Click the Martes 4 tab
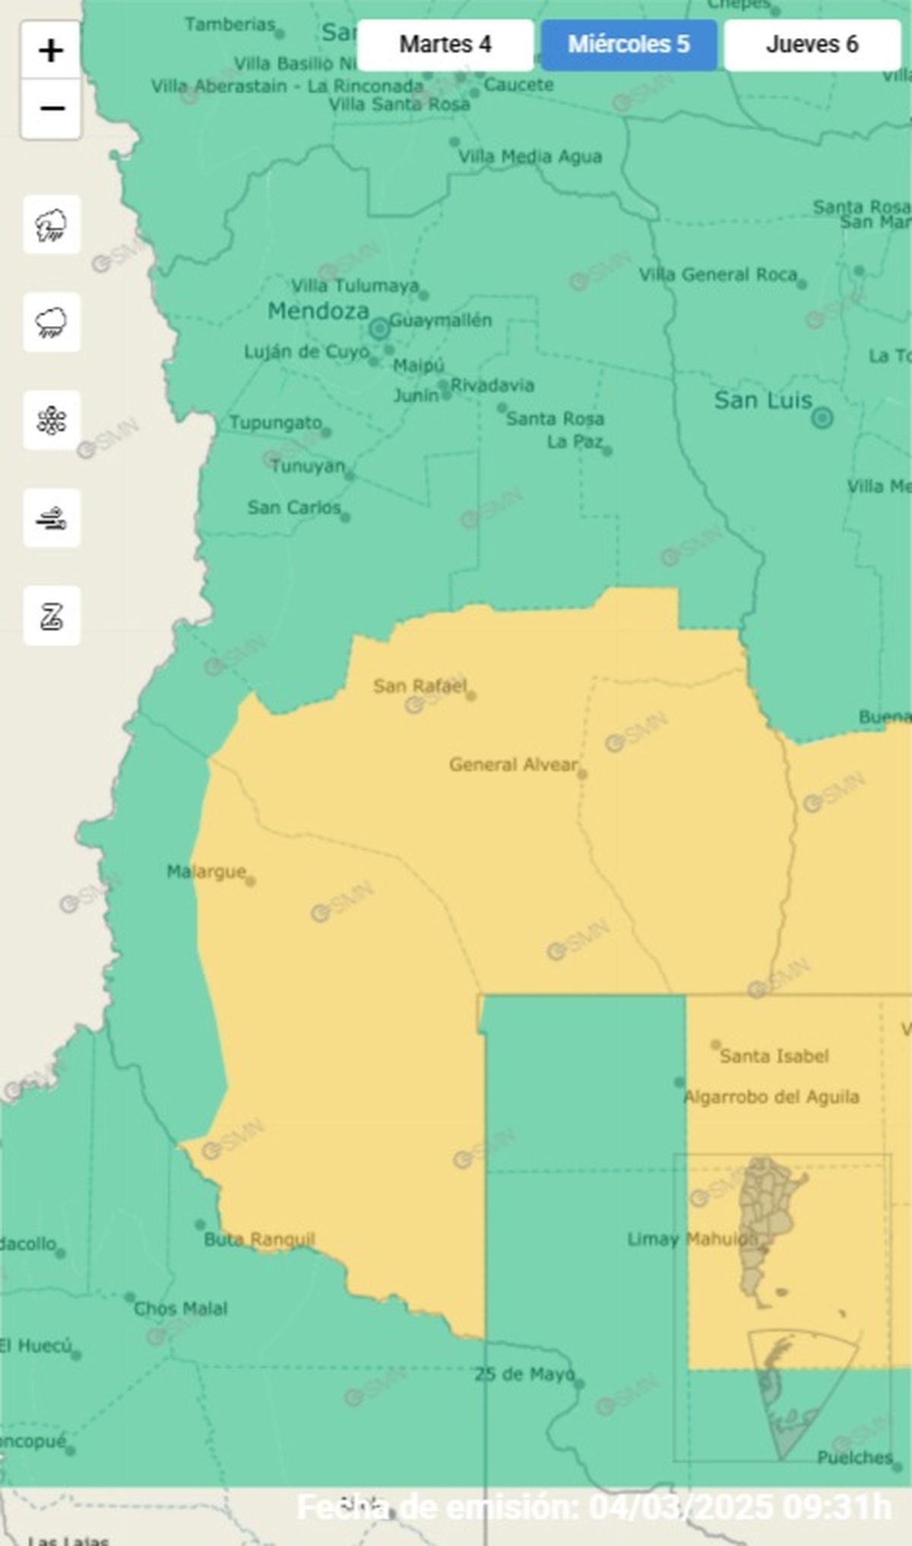pos(445,45)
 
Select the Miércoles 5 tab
pos(629,45)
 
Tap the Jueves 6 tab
pos(812,45)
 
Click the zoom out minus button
pos(51,109)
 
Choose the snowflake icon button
pos(51,420)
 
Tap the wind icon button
pos(51,518)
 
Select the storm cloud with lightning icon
pos(51,225)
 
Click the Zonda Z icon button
pos(51,616)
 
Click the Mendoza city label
pos(318,311)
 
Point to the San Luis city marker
pos(822,417)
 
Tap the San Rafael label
pos(420,686)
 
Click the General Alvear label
pos(513,765)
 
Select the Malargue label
pos(206,872)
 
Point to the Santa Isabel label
pos(774,1056)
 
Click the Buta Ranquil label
pos(258,1240)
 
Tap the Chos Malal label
pos(180,1309)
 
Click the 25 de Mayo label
pos(524,1374)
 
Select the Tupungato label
pos(275,423)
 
